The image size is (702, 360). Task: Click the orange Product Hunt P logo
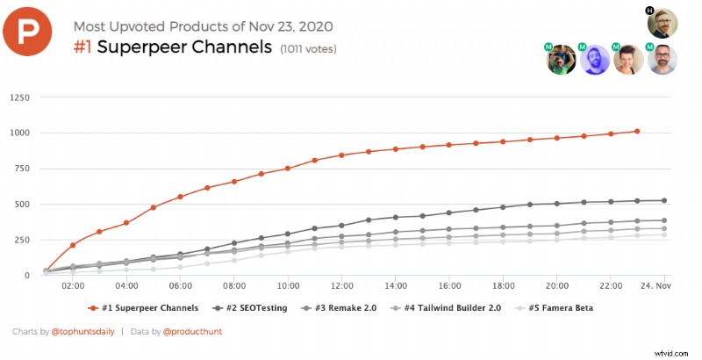[x=32, y=32]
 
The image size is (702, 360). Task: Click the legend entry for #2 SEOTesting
[x=261, y=308]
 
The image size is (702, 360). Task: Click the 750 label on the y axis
[x=22, y=168]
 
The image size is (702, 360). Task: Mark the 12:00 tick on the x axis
[x=341, y=286]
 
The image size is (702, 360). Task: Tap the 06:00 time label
[x=180, y=286]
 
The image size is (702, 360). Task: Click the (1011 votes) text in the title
[x=308, y=49]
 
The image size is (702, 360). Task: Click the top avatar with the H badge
[x=663, y=22]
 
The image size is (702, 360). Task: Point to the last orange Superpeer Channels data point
[x=637, y=132]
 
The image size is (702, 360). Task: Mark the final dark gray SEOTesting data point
[x=664, y=200]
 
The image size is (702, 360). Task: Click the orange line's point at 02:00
[x=73, y=245]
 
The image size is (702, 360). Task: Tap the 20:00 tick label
[x=556, y=286]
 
